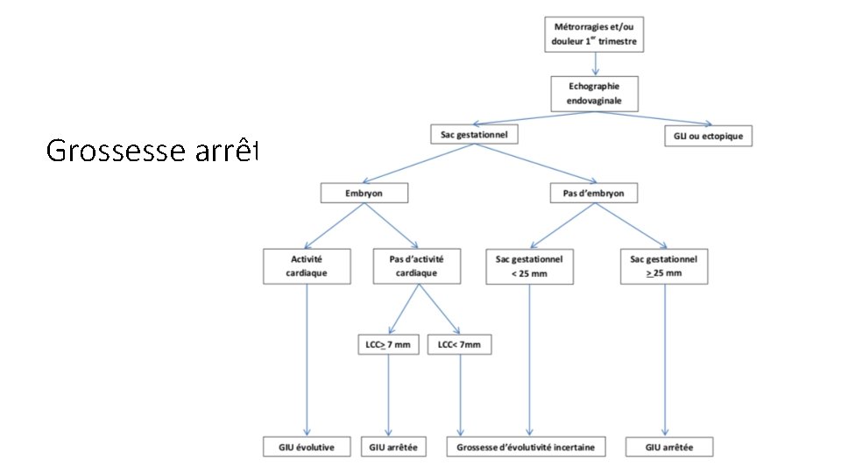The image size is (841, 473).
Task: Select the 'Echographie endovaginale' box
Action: (x=596, y=93)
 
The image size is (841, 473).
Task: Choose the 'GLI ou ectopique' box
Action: (x=709, y=136)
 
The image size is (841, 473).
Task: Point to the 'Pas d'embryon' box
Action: (x=593, y=193)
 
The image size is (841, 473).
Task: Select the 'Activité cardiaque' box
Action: (x=307, y=265)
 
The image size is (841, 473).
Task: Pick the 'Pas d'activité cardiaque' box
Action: (x=416, y=265)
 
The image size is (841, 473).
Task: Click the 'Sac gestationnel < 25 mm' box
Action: (x=529, y=265)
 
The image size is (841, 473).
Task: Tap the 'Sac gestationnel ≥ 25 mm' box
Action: (x=663, y=265)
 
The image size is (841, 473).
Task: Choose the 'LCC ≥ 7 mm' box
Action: (x=388, y=345)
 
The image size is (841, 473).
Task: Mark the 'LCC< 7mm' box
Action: (x=459, y=345)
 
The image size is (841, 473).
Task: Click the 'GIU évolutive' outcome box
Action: (x=307, y=447)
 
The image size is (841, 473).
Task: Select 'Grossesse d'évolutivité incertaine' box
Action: (x=526, y=447)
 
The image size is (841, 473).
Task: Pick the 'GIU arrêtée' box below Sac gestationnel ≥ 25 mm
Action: (x=668, y=447)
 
